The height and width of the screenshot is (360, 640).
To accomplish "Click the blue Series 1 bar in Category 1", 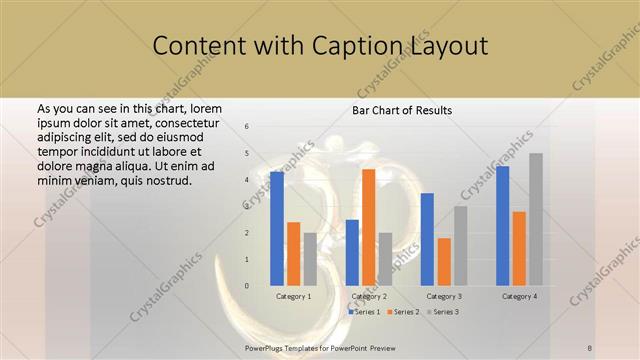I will coord(276,229).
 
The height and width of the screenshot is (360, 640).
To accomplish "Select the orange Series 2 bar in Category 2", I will coord(369,228).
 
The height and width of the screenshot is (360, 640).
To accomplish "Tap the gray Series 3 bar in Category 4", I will coord(536,220).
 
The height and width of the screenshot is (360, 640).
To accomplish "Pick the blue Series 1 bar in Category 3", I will coord(427,240).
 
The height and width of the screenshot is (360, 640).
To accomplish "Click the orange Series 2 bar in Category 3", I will coord(444,262).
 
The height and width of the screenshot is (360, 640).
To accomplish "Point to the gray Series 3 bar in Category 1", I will coord(310,260).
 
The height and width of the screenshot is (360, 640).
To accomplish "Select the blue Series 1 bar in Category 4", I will coord(502,226).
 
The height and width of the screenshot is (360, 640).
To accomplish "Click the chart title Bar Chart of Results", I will coord(402,110).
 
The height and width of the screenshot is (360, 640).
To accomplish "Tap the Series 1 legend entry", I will coord(364,312).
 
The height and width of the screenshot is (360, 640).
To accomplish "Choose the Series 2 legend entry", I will coord(403,312).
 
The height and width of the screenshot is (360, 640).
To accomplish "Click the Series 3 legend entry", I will coord(442,312).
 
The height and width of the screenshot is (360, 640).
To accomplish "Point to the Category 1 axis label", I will coord(293,296).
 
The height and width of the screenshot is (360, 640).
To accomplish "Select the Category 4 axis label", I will coord(519,296).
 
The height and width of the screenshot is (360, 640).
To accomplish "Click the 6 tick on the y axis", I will coord(247,127).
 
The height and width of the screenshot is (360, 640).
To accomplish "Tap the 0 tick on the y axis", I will coord(247,286).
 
